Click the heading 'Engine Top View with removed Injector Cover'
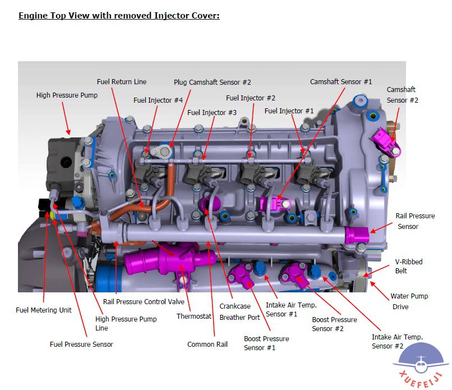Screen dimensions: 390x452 pos(119,15)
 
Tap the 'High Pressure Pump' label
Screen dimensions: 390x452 pos(67,95)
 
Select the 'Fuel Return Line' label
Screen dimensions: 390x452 pos(122,82)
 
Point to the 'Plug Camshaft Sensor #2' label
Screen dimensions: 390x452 pos(212,82)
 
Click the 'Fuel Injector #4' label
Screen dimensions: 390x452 pos(158,100)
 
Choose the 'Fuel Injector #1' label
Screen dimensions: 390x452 pos(289,111)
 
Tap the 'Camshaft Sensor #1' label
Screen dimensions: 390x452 pos(341,82)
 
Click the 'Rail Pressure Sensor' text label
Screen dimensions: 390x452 pos(415,221)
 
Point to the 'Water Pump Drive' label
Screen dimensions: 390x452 pos(409,301)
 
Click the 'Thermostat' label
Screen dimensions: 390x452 pos(194,316)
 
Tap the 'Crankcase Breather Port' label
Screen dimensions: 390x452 pos(239,312)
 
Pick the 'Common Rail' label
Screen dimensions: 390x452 pos(207,345)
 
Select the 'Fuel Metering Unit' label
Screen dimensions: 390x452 pos(44,310)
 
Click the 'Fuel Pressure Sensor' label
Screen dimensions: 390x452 pos(81,344)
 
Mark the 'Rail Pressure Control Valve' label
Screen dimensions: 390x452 pos(144,302)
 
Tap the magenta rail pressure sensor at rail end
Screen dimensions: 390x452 pos(357,235)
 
